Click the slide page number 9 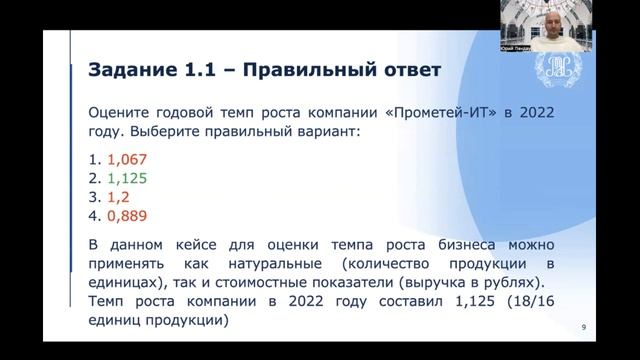pyautogui.click(x=584, y=326)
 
